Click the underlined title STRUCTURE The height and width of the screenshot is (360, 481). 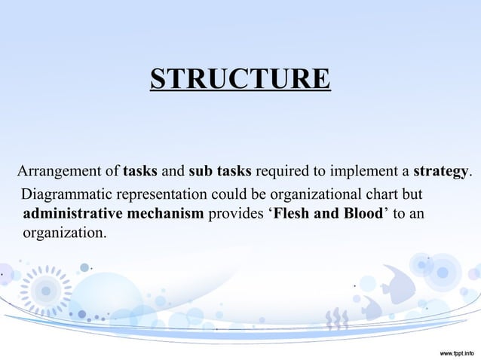coord(240,79)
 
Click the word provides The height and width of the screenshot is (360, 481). coord(233,213)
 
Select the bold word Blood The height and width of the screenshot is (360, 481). coord(363,213)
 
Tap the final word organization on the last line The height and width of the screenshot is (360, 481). coord(65,233)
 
